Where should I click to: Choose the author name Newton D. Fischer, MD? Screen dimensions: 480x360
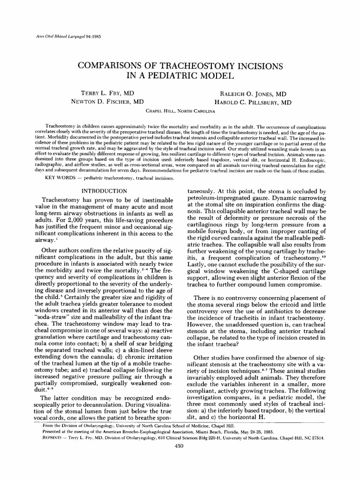coord(107,102)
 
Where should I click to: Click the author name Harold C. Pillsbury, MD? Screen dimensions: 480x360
coord(253,102)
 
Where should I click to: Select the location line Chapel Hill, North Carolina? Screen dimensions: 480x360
coord(180,111)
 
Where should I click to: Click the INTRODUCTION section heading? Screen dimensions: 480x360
coord(104,191)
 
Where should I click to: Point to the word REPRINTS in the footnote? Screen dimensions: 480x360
coord(52,437)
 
